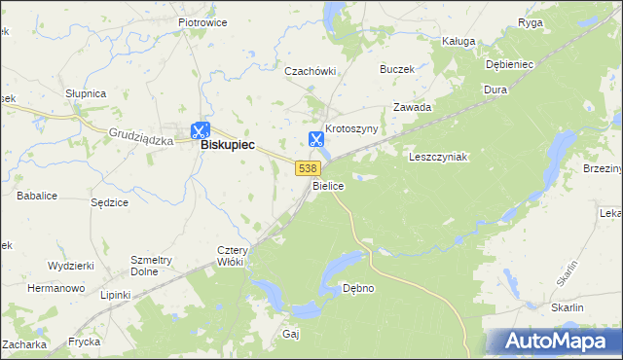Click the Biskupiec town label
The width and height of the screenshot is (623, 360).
point(227,144)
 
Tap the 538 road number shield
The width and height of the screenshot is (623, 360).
point(307,168)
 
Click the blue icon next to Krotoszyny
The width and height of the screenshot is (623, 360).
point(316,140)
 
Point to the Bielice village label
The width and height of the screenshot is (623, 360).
point(328,185)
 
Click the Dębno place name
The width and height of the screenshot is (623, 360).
point(358,288)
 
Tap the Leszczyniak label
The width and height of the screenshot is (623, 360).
point(439,157)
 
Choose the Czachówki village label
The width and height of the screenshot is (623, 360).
point(310,71)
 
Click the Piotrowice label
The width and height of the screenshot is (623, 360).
point(202,20)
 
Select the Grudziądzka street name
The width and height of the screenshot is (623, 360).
point(141,139)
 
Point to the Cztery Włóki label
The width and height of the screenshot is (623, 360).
point(234,256)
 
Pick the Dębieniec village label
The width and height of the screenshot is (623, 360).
point(510,64)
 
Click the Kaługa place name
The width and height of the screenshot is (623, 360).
point(458,42)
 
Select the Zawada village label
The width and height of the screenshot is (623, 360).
point(412,107)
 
